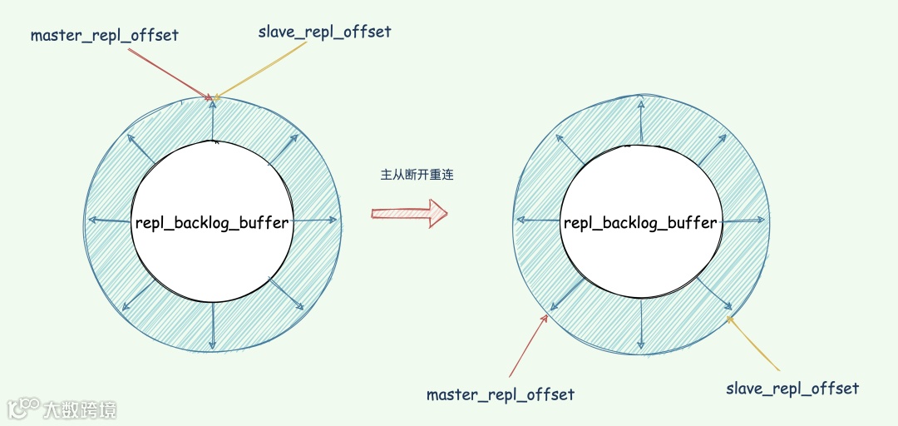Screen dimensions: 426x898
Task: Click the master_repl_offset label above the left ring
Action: [105, 36]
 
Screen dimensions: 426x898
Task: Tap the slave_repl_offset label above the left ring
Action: [324, 32]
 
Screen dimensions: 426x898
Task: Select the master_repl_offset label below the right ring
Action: [500, 394]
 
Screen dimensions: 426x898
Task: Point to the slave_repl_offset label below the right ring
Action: [792, 389]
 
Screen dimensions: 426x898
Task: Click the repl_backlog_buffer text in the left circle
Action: [212, 222]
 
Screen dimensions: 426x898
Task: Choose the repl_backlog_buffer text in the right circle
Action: [639, 222]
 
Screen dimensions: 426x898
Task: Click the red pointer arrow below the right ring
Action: [527, 345]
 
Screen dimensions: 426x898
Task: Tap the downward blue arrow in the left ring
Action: [213, 325]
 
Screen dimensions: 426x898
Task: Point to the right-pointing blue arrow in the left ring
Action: [317, 220]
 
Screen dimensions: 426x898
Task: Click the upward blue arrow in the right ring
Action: [640, 120]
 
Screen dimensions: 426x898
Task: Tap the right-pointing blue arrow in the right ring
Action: [743, 220]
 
